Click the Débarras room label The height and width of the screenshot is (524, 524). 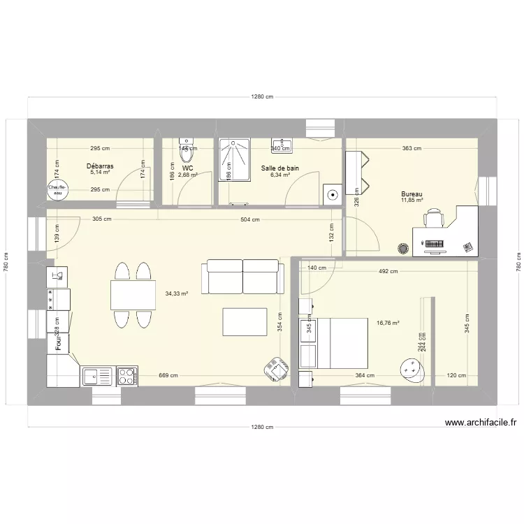point(101,167)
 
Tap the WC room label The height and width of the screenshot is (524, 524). point(187,168)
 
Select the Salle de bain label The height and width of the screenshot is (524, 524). point(280,168)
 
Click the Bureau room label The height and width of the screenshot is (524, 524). point(412,194)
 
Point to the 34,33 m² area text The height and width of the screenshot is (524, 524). point(175,294)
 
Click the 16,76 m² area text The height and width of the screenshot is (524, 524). point(388,323)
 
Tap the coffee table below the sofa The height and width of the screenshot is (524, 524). point(244,324)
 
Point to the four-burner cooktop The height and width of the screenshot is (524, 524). point(126,377)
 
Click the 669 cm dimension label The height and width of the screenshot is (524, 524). point(168,376)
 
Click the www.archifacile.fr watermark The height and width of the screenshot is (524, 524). point(479,423)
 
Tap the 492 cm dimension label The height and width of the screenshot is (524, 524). point(388,272)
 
